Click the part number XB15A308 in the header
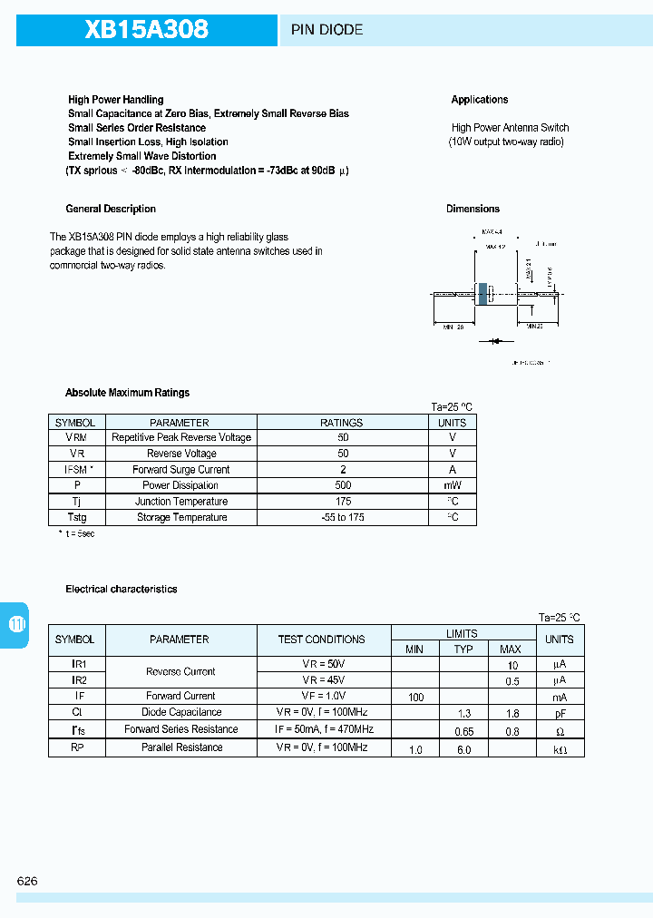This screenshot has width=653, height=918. [147, 30]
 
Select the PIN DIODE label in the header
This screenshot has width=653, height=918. [326, 30]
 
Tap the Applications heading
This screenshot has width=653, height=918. [480, 100]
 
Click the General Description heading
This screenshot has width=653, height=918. [111, 209]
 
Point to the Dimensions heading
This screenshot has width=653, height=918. [473, 209]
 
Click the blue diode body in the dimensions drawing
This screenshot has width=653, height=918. [482, 294]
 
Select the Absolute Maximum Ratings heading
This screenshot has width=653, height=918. [128, 393]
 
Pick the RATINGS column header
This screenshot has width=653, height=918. [342, 423]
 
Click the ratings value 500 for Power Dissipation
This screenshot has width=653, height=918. [342, 485]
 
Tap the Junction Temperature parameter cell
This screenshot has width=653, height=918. [181, 502]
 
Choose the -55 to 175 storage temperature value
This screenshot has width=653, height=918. [342, 517]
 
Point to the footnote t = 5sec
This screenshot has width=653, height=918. [76, 533]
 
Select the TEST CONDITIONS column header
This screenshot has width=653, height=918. [322, 640]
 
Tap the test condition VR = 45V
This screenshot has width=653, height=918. [324, 680]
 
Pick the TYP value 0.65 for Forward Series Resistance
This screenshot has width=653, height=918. [463, 730]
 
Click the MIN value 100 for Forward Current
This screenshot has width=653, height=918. [415, 697]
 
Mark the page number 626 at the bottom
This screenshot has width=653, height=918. [27, 882]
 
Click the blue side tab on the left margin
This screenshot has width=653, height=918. [15, 624]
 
